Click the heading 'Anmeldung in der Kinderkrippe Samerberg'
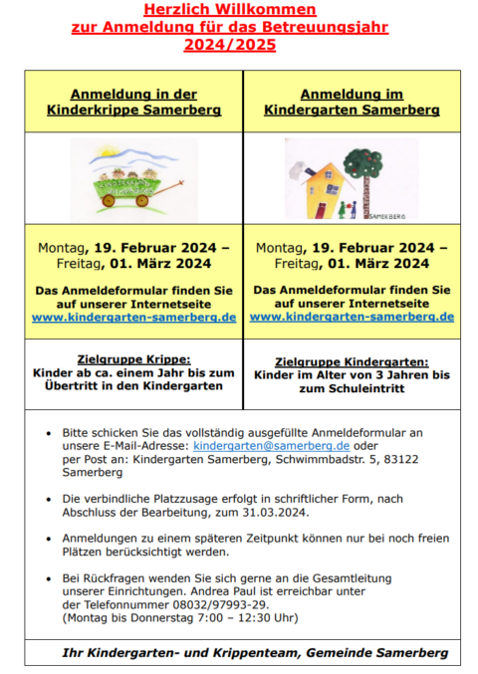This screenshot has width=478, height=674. click(x=133, y=102)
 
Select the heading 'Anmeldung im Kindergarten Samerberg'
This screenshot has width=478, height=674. click(x=352, y=102)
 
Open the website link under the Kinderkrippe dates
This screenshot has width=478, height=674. click(x=133, y=317)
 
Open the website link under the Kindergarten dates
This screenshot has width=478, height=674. click(x=352, y=317)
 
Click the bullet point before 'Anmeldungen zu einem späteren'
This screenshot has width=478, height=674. click(x=51, y=538)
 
